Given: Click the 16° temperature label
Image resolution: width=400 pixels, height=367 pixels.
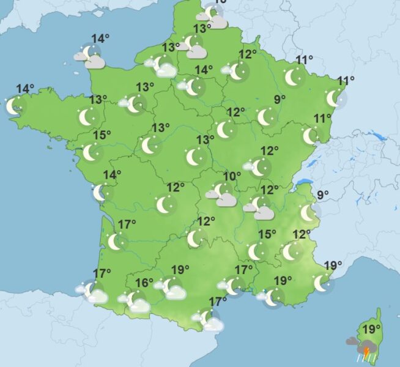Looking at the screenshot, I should [x=144, y=283].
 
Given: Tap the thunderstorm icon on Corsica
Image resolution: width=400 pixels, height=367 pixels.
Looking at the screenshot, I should [x=363, y=347].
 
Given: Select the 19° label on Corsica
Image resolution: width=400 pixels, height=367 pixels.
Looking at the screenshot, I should [x=369, y=330].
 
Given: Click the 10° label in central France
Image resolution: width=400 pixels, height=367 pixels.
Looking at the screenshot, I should [x=231, y=177].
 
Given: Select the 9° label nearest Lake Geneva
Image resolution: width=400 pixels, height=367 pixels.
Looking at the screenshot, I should [x=323, y=195].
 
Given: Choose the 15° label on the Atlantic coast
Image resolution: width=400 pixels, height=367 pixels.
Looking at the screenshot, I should [x=103, y=135].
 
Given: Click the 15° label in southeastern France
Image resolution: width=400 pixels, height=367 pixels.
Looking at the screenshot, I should [x=267, y=234].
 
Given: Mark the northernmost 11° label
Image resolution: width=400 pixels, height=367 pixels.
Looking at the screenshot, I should [x=304, y=60].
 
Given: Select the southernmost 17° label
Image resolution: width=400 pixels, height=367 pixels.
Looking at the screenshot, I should [x=218, y=302].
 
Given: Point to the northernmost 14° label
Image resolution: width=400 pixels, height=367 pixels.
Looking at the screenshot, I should [x=100, y=39].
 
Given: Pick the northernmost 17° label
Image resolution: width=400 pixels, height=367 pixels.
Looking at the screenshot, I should [x=127, y=224].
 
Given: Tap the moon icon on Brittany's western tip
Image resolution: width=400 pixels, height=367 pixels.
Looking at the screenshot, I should [x=14, y=106].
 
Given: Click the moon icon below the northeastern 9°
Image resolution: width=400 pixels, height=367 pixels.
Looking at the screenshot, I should [x=265, y=117].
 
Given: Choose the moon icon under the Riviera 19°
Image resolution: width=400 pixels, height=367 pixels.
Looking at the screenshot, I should [x=321, y=283].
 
